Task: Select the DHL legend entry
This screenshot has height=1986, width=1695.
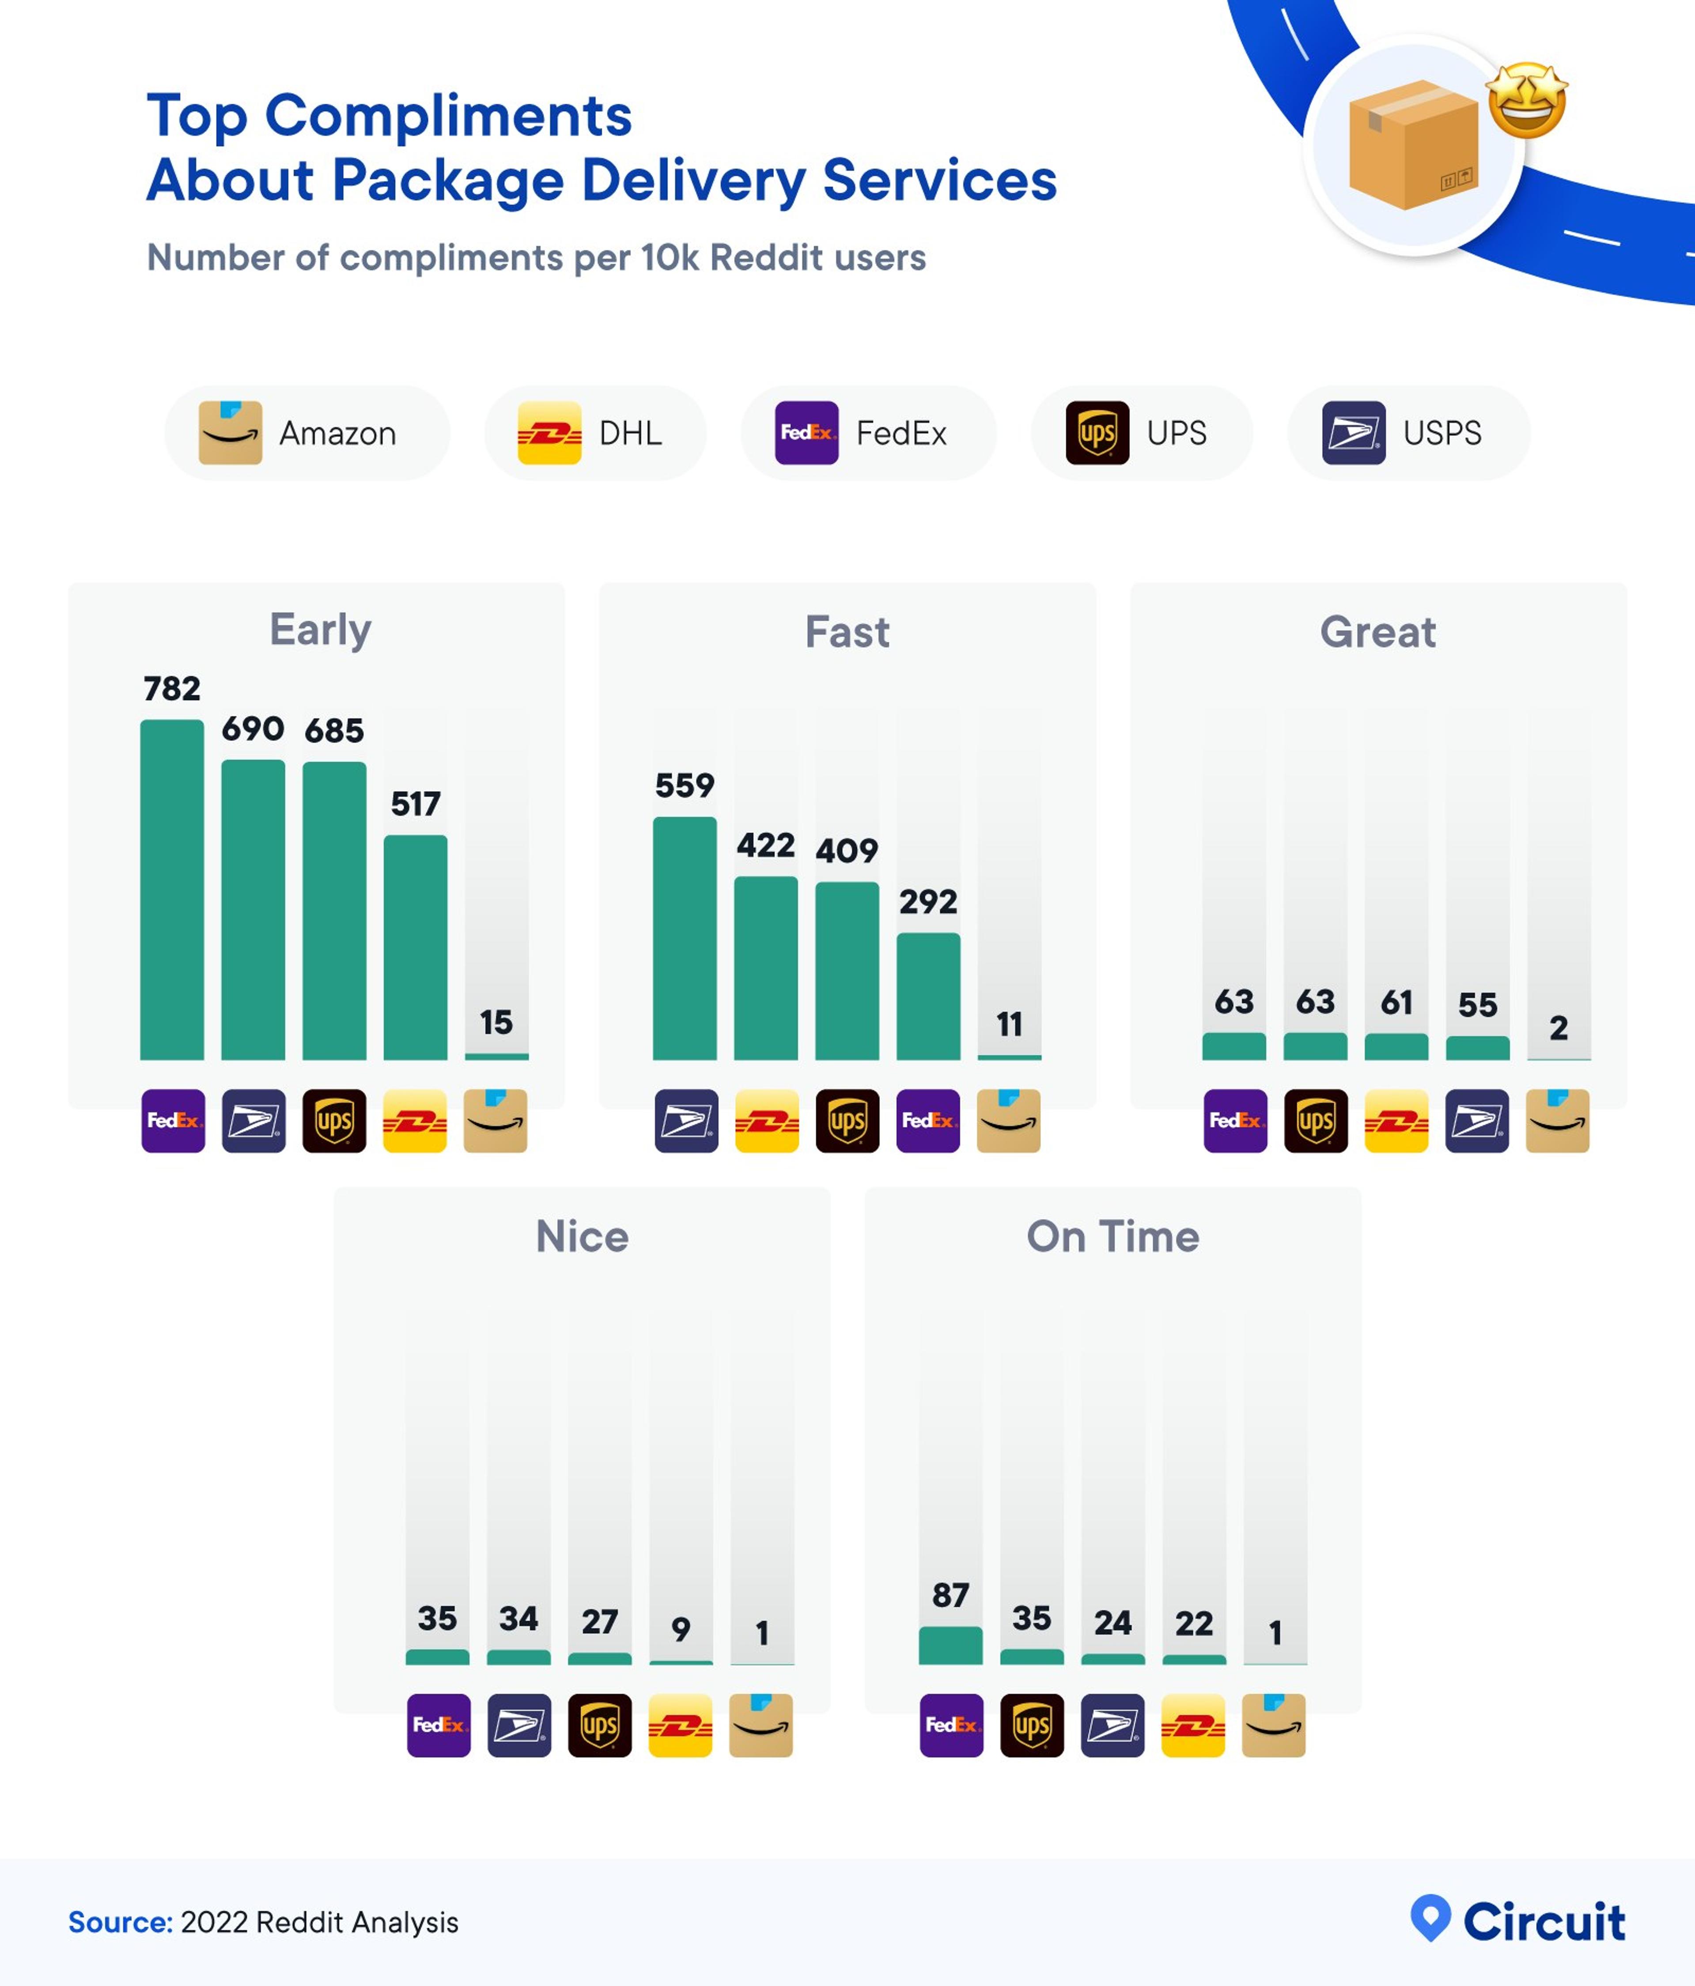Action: coord(594,433)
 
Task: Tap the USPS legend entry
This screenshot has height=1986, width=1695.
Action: coord(1407,433)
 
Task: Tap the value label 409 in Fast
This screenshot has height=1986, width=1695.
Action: coord(847,850)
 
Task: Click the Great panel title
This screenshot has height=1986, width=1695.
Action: coord(1377,633)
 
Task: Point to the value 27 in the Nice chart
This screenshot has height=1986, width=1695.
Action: coord(599,1622)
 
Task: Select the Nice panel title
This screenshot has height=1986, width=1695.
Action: coord(582,1236)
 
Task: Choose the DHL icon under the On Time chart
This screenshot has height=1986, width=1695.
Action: coord(1192,1725)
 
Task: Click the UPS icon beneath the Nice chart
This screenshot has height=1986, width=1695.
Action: coord(599,1725)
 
